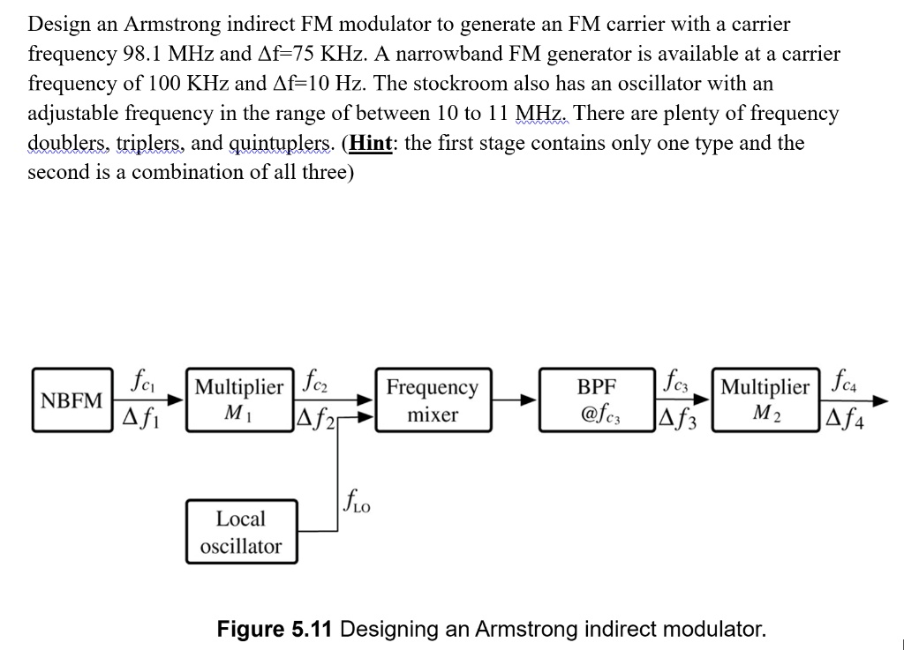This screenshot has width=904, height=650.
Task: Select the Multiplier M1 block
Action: pyautogui.click(x=239, y=400)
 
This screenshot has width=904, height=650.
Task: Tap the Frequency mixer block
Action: pyautogui.click(x=433, y=400)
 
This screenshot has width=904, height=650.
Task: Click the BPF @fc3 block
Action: pyautogui.click(x=597, y=400)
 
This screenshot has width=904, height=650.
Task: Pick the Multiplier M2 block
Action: pyautogui.click(x=765, y=400)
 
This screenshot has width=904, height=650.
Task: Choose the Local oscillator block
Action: pyautogui.click(x=240, y=532)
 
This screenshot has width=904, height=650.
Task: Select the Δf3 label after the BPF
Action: pyautogui.click(x=676, y=415)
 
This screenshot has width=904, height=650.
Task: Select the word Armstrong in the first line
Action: pyautogui.click(x=161, y=24)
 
